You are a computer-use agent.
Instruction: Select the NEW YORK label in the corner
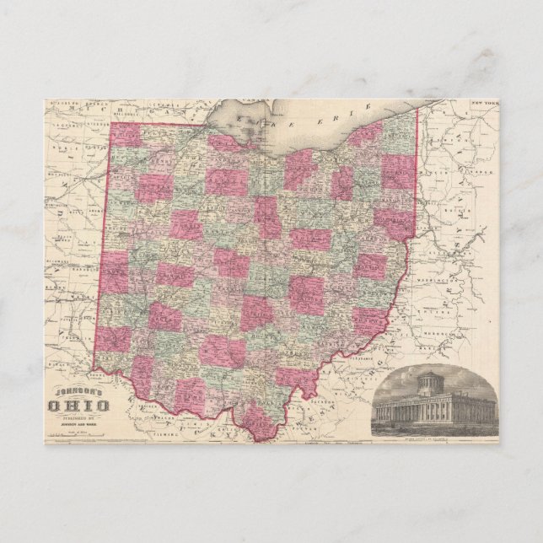(485, 102)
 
